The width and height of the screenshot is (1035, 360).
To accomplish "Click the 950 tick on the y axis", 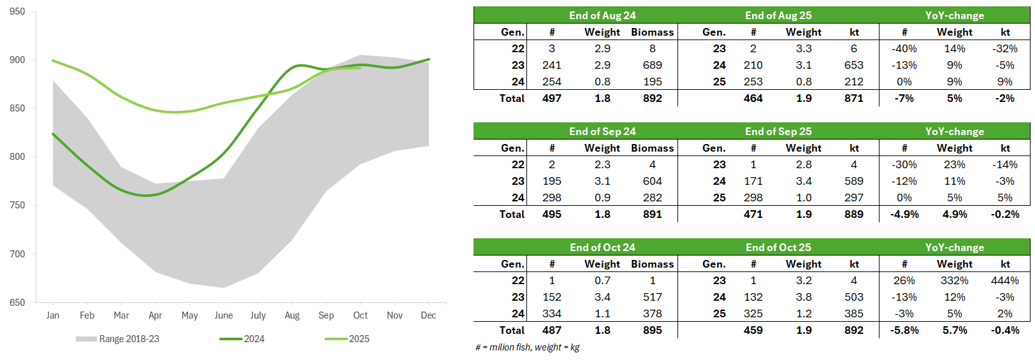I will pyautogui.click(x=17, y=11).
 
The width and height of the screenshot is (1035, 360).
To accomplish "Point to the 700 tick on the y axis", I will pyautogui.click(x=17, y=254).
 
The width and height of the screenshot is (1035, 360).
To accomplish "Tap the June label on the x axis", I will pyautogui.click(x=224, y=315).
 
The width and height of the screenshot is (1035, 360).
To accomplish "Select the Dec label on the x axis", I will pyautogui.click(x=428, y=315).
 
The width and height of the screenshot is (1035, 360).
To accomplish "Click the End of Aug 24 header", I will pyautogui.click(x=602, y=15).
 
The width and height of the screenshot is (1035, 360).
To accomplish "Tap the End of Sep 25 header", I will pyautogui.click(x=778, y=131).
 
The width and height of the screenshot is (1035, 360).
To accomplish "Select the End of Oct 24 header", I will pyautogui.click(x=602, y=247).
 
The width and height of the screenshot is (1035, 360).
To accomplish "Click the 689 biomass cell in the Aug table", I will pyautogui.click(x=652, y=65).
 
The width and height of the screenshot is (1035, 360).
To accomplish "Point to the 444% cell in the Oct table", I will pyautogui.click(x=1004, y=280).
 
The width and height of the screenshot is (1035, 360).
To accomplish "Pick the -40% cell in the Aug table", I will pyautogui.click(x=904, y=48).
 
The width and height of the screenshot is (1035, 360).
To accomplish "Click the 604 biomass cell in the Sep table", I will pyautogui.click(x=652, y=181).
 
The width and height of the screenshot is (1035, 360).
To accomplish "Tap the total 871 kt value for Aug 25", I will pyautogui.click(x=853, y=98).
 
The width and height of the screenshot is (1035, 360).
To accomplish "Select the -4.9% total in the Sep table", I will pyautogui.click(x=904, y=214).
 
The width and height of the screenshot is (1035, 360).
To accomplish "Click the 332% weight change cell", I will pyautogui.click(x=954, y=280).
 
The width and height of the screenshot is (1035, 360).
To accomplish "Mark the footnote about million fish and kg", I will pyautogui.click(x=528, y=347).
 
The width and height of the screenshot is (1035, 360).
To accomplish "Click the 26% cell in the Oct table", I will pyautogui.click(x=904, y=280).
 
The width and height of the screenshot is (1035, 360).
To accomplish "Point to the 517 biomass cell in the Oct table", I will pyautogui.click(x=652, y=297).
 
